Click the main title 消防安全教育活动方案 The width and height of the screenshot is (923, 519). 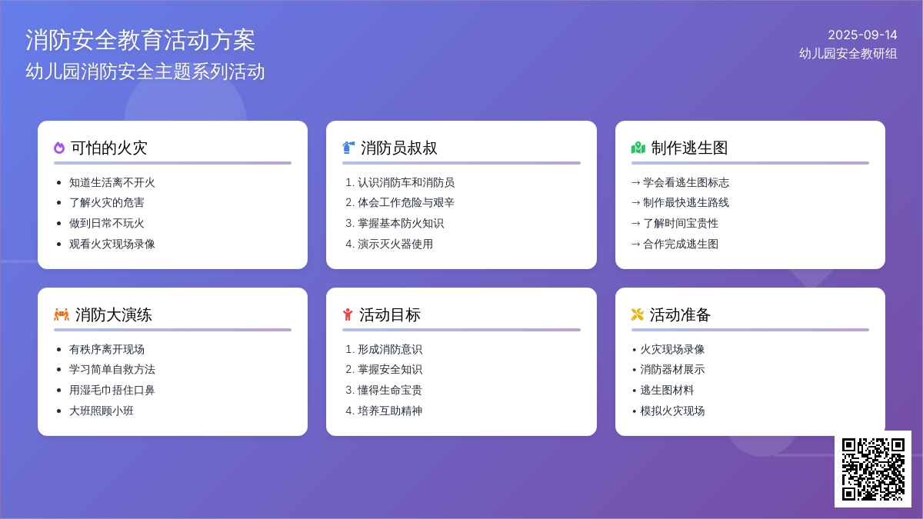point(140,40)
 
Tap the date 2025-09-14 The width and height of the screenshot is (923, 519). point(862,35)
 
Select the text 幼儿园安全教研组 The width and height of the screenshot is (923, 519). point(848,54)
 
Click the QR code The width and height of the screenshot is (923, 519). point(873,469)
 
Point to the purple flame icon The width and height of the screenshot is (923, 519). point(59,148)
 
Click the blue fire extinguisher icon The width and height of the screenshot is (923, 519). point(348,148)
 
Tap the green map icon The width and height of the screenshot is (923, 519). point(638,148)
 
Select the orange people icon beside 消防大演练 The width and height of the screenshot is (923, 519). point(62,314)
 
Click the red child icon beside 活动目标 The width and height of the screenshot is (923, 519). point(348,314)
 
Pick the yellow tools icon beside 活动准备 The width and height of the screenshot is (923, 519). point(638,314)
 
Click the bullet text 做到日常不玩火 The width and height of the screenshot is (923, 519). point(107,223)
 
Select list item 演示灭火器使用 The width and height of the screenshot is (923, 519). point(395,244)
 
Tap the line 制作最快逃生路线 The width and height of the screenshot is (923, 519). point(686,203)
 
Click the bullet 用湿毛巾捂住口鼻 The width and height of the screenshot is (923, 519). point(112,390)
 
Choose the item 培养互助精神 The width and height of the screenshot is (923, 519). point(390,411)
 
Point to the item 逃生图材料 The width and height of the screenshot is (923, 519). point(667,390)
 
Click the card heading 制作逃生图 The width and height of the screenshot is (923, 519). point(689,148)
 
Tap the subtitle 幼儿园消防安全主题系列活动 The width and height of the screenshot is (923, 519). point(145,72)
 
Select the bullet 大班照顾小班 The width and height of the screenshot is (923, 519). point(102,411)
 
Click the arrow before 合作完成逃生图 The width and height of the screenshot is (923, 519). point(636,245)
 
